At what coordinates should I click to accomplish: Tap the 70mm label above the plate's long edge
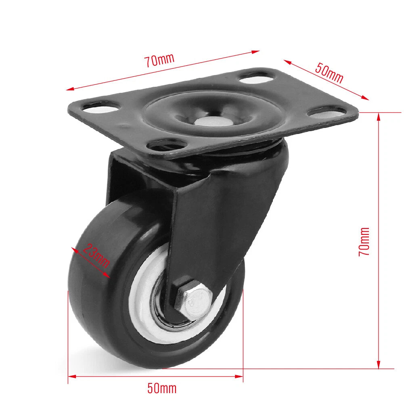159,60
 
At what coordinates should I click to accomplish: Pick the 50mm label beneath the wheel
162,388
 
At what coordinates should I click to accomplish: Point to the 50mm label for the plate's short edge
329,73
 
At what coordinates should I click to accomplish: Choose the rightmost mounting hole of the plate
327,111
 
